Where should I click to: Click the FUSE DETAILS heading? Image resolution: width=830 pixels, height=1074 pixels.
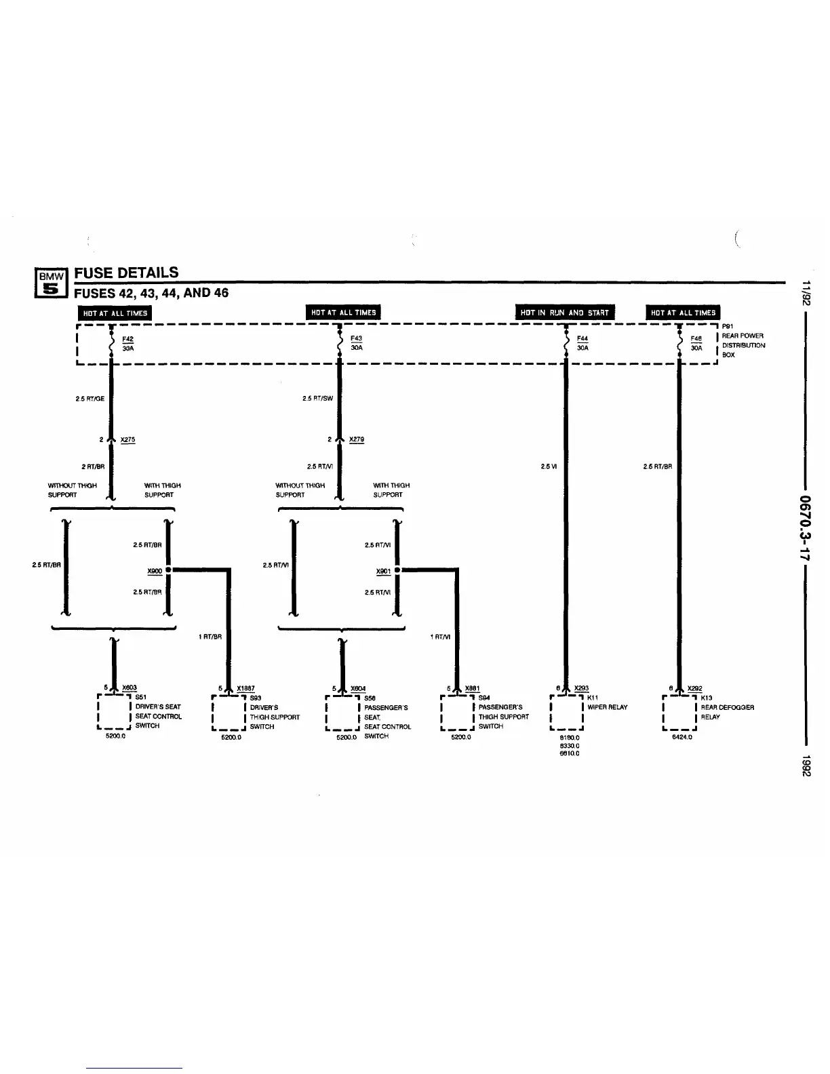click(126, 273)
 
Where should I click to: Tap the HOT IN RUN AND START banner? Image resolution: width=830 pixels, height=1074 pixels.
click(565, 313)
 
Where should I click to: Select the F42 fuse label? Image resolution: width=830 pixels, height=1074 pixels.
click(127, 339)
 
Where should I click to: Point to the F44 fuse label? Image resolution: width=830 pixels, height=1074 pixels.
click(582, 339)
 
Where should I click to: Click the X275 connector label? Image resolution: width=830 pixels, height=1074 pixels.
click(127, 439)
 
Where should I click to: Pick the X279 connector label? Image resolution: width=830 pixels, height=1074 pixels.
click(357, 439)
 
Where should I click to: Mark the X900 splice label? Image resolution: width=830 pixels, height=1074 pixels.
click(155, 571)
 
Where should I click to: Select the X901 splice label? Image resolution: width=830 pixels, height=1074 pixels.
click(384, 571)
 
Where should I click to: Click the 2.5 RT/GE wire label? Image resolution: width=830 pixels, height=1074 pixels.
click(90, 399)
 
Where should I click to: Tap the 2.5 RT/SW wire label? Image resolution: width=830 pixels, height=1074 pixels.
click(318, 399)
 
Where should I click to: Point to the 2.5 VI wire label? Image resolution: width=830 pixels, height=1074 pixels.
click(549, 466)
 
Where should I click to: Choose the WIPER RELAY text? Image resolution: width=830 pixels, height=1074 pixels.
click(608, 707)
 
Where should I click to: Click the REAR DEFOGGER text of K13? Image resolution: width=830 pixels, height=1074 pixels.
click(728, 707)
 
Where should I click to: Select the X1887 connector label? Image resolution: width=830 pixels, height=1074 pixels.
click(245, 688)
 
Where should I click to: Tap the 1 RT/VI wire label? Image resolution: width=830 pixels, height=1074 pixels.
click(441, 637)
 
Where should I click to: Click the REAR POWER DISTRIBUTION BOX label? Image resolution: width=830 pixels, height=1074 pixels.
click(743, 345)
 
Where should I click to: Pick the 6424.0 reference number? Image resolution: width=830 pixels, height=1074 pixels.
click(681, 736)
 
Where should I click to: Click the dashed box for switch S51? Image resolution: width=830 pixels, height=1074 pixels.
click(115, 711)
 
